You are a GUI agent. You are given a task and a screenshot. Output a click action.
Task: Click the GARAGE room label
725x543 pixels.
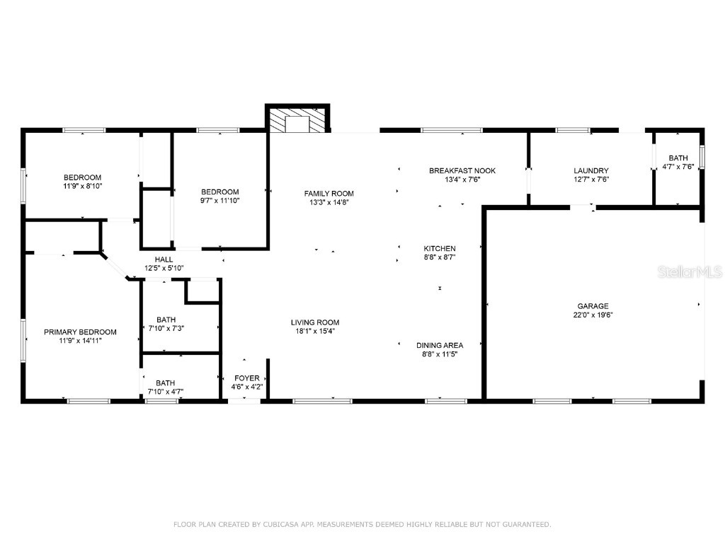click(593, 306)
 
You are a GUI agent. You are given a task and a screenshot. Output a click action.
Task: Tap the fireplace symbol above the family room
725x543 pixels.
click(297, 120)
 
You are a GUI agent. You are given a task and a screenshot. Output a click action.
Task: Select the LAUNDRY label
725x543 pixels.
click(590, 170)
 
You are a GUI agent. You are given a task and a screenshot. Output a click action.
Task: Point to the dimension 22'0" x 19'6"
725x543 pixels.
click(593, 315)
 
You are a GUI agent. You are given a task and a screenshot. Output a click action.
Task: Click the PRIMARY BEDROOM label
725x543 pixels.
click(80, 332)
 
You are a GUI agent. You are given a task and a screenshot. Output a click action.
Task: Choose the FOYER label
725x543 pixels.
click(246, 378)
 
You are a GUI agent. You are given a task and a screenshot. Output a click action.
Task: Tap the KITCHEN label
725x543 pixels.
click(439, 248)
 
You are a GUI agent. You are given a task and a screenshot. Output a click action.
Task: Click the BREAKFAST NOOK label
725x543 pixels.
click(462, 170)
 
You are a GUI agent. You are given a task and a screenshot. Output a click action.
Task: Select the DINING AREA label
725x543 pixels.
click(439, 345)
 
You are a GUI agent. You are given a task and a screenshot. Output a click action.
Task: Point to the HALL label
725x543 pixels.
click(164, 259)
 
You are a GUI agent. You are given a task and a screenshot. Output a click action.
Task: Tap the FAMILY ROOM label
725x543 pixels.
click(329, 193)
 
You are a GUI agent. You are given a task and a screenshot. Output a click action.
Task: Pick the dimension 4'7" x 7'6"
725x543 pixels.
click(678, 167)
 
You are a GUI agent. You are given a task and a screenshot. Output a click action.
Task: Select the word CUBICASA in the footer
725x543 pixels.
click(279, 525)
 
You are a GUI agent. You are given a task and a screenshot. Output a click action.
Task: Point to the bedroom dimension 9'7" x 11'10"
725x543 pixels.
click(219, 201)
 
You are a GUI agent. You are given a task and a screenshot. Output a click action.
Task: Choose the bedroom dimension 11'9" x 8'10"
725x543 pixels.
click(82, 187)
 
